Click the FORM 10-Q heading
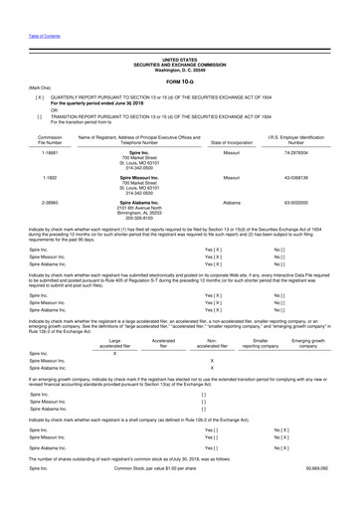179,55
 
